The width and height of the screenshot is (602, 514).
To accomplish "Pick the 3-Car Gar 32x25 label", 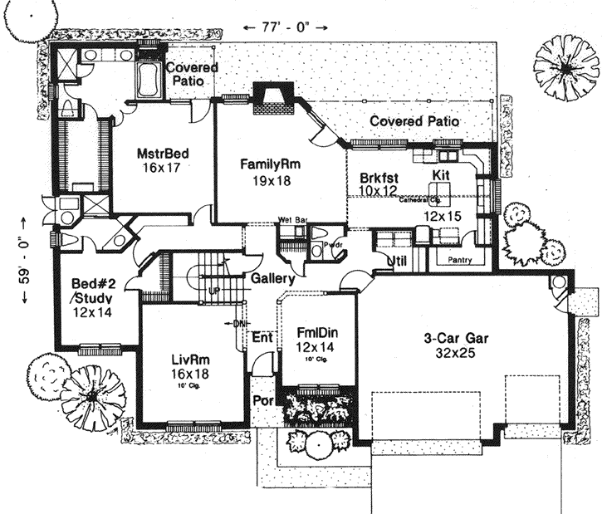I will pyautogui.click(x=448, y=345).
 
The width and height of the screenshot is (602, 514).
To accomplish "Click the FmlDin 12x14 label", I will pyautogui.click(x=317, y=339).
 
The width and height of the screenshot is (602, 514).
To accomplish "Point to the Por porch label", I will pyautogui.click(x=262, y=400).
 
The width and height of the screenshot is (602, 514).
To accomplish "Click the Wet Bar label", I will pyautogui.click(x=291, y=221).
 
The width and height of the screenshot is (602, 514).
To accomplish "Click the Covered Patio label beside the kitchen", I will pyautogui.click(x=414, y=121).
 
